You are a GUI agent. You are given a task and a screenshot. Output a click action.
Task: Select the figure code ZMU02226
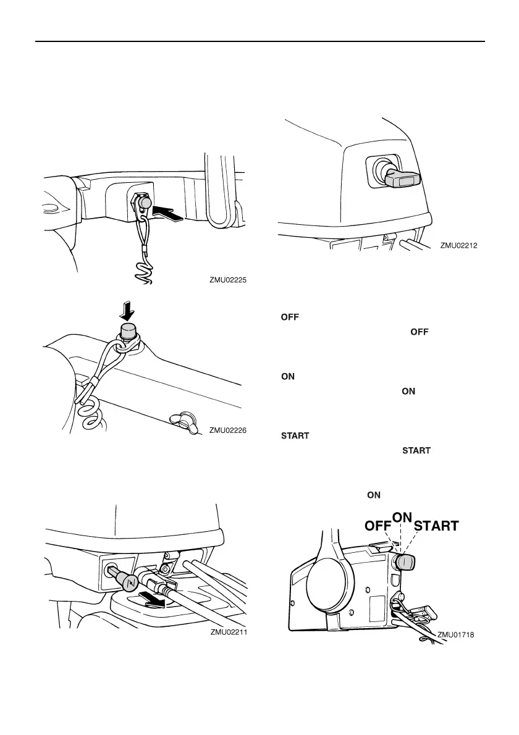click(x=227, y=430)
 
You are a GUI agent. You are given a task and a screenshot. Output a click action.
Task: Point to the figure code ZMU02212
click(x=459, y=245)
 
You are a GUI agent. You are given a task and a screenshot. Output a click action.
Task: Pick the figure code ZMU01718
click(x=456, y=635)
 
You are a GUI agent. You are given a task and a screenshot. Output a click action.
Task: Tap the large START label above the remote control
click(x=436, y=526)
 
